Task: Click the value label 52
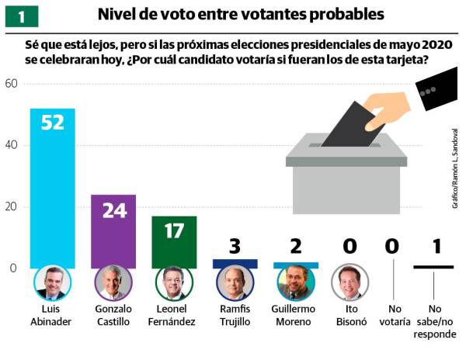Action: [52, 124]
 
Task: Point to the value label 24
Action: [113, 210]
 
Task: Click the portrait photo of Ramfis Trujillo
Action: [235, 283]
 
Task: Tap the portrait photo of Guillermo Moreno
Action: [295, 283]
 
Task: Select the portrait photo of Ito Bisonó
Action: [349, 283]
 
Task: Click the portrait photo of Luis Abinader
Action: [52, 283]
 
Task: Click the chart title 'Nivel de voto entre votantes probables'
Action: [241, 15]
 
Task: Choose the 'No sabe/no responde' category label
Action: [436, 327]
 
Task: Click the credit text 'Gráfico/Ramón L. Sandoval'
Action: [454, 168]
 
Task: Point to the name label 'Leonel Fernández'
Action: [175, 316]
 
